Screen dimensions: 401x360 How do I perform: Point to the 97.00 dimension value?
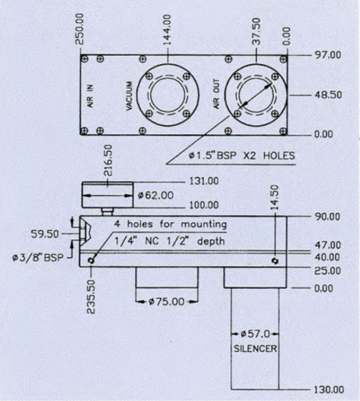pos(327,55)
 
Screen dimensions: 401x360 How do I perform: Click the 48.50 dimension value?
pos(327,95)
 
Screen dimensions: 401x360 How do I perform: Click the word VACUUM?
pos(129,96)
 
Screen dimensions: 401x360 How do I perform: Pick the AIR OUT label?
pos(217,96)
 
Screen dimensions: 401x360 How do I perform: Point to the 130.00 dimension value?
pos(327,389)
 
